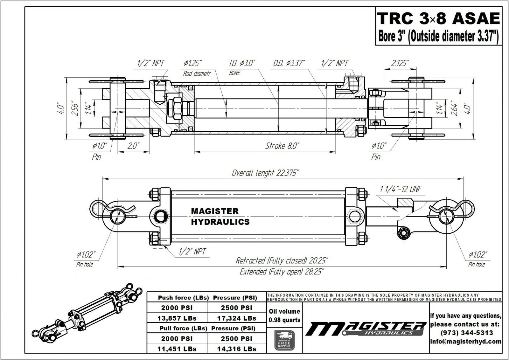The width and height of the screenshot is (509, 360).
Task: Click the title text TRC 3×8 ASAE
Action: (438, 18)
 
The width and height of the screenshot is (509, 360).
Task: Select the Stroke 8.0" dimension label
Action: (282, 146)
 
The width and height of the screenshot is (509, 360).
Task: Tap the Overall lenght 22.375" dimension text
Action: (265, 173)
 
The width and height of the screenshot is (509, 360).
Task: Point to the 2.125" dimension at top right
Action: (400, 63)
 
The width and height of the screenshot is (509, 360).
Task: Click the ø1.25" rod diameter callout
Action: (193, 63)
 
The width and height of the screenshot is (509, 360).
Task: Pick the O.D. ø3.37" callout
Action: (289, 63)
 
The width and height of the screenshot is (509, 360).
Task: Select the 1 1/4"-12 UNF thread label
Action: (401, 189)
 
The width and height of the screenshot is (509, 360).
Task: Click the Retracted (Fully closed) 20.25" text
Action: (282, 261)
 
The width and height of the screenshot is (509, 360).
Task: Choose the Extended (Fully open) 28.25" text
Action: (282, 272)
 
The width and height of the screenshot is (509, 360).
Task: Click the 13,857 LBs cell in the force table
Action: (177, 318)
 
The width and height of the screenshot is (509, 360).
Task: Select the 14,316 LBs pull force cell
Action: (236, 349)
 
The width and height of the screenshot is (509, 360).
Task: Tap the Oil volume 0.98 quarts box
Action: (284, 315)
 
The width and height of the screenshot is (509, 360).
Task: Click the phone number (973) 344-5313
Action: (466, 333)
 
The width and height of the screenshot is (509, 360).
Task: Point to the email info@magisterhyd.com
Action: (466, 342)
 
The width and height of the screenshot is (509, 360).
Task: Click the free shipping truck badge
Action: (284, 341)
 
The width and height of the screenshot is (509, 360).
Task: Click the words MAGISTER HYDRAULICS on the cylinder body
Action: (220, 217)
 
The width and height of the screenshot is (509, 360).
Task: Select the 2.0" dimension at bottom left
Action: (133, 146)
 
